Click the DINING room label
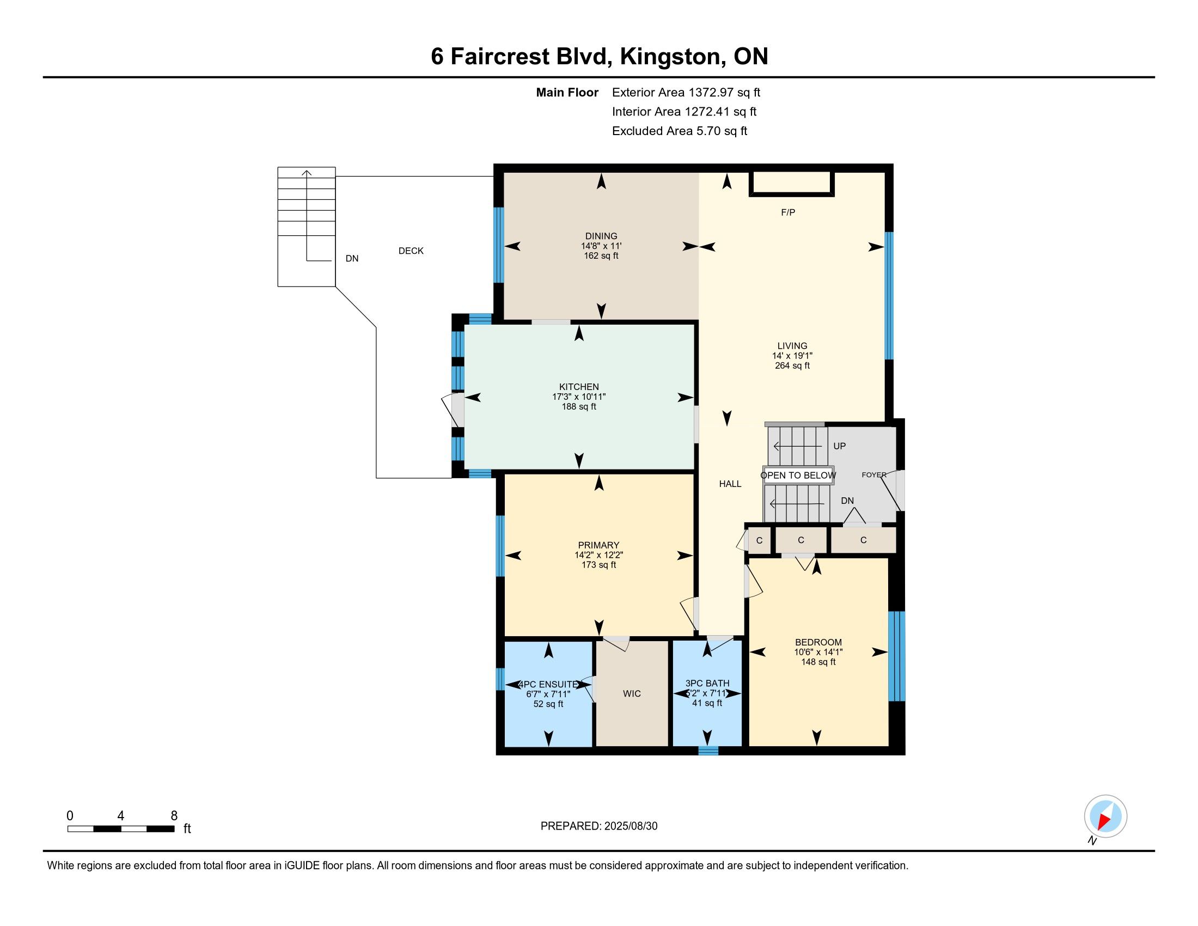[601, 236]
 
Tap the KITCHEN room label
[579, 387]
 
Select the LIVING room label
[792, 345]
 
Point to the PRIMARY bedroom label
[598, 545]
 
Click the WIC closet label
[632, 693]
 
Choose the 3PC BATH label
[707, 683]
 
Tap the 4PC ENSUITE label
[548, 684]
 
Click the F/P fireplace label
[788, 212]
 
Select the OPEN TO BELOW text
[798, 475]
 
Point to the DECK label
[411, 251]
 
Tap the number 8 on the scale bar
[174, 815]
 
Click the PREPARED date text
[599, 826]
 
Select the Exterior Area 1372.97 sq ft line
[686, 92]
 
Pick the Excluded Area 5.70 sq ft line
[680, 131]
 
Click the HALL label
[730, 484]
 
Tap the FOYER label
[874, 474]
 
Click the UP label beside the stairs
[839, 446]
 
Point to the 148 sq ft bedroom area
[818, 662]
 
